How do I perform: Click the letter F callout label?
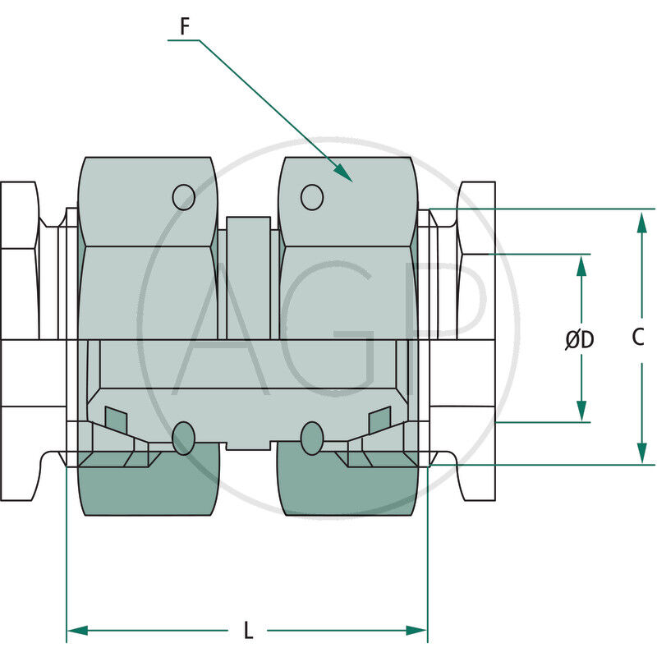tap(185, 26)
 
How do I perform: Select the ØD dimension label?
tap(579, 339)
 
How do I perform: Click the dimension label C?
tap(639, 337)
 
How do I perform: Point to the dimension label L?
tap(248, 631)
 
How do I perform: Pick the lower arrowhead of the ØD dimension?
tap(581, 412)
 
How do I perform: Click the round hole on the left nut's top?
tap(183, 196)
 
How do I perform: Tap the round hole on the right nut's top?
tap(311, 196)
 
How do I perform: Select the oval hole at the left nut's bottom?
tap(184, 438)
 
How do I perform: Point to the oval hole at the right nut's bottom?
tap(311, 438)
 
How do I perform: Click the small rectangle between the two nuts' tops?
tap(248, 238)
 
